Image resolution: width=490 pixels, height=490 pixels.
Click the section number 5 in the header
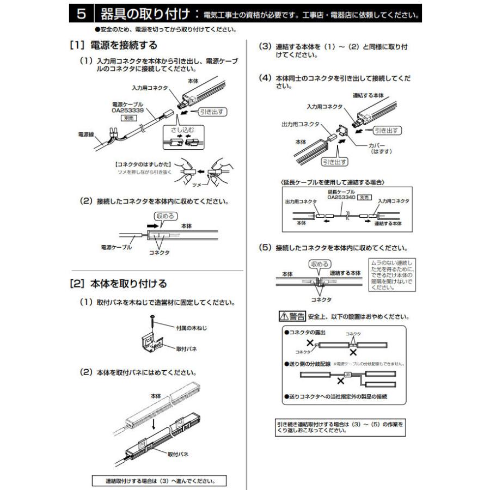click(x=80, y=13)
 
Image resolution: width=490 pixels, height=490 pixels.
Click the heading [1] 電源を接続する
click(x=114, y=45)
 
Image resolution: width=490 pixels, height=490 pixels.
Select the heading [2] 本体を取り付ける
click(x=118, y=284)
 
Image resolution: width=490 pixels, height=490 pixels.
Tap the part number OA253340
click(x=340, y=198)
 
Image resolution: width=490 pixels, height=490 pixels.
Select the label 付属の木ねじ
click(x=191, y=328)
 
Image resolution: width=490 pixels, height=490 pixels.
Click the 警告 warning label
click(x=297, y=316)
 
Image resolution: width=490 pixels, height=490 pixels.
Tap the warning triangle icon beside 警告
click(x=283, y=316)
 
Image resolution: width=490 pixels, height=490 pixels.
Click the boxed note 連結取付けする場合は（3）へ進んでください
click(x=158, y=481)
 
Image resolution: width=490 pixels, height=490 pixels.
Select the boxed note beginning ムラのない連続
click(x=393, y=275)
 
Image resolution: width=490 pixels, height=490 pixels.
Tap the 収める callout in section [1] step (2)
click(x=165, y=216)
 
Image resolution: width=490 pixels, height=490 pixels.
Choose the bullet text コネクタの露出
click(x=305, y=332)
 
